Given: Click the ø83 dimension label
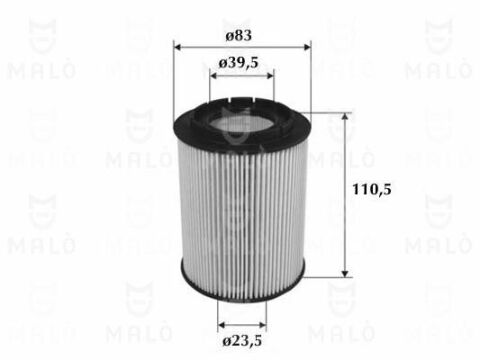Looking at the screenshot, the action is (238, 35).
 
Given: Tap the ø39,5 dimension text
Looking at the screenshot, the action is (239, 63).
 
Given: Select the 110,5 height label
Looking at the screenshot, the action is (372, 190).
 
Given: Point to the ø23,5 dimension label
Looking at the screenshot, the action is (242, 341).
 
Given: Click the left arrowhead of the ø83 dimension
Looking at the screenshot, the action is (178, 47).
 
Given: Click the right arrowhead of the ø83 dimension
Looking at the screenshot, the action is (307, 47).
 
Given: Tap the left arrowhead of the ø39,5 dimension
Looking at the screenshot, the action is (214, 76).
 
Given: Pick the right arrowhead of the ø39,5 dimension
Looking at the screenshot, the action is (270, 76).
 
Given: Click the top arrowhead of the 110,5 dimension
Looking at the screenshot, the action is (345, 116).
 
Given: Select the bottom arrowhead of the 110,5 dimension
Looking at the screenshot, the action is (345, 273).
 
